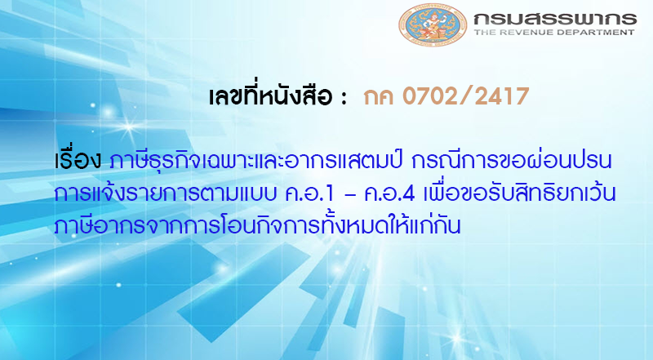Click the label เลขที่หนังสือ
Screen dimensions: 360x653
(270, 99)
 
